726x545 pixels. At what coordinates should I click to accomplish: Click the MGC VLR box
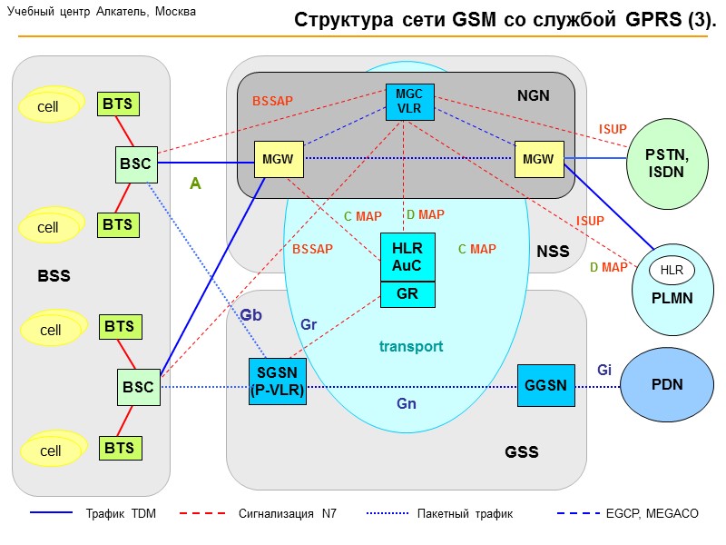(x=409, y=100)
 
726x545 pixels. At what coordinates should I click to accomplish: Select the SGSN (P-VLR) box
(x=278, y=381)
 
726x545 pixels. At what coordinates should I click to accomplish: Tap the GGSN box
(x=545, y=385)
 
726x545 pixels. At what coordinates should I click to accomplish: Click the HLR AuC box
(x=407, y=257)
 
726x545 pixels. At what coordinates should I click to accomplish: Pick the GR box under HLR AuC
(x=407, y=293)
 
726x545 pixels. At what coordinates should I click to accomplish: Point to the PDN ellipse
(x=666, y=385)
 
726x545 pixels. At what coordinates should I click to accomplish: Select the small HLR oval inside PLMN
(x=672, y=270)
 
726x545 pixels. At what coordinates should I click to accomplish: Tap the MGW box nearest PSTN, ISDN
(x=538, y=159)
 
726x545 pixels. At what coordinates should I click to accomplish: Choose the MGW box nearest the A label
(x=278, y=159)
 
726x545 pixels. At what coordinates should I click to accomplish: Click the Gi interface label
(x=604, y=370)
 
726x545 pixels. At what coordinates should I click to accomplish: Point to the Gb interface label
(x=251, y=315)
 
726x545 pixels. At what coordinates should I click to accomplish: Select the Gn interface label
(x=407, y=403)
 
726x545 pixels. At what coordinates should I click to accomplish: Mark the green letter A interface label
(x=195, y=183)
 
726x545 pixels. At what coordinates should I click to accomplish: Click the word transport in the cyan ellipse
(x=411, y=346)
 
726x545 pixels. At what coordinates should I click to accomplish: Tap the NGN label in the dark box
(x=534, y=95)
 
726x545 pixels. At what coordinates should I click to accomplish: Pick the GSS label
(x=521, y=451)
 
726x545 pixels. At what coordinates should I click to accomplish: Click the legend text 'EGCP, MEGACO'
(x=652, y=514)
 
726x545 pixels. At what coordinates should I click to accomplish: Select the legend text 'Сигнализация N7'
(x=288, y=514)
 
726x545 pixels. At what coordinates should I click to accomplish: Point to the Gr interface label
(x=309, y=324)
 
